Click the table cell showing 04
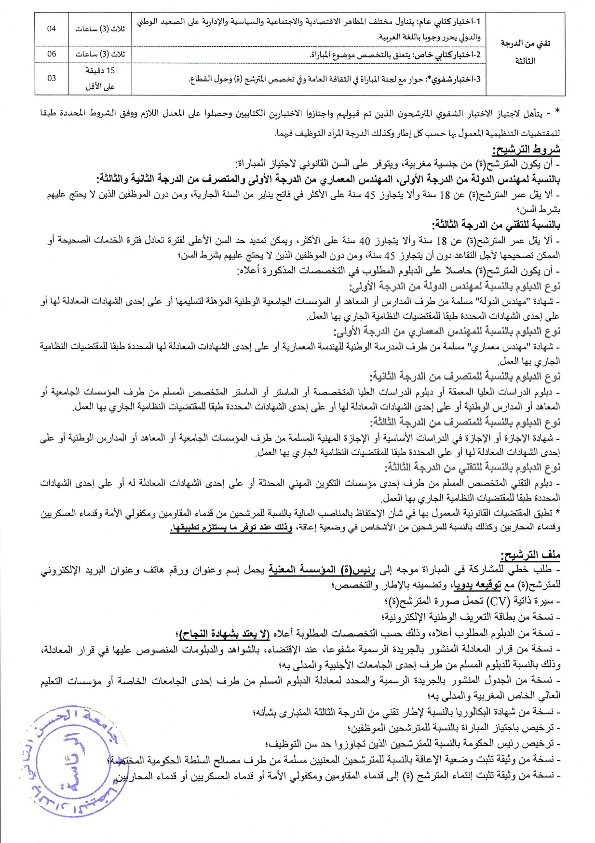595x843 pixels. tap(52, 29)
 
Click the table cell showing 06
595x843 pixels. tap(52, 54)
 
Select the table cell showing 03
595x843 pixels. tap(52, 78)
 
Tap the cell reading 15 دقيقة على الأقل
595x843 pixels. tap(100, 78)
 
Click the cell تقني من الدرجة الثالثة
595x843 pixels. tap(525, 52)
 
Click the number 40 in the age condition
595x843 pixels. tap(365, 240)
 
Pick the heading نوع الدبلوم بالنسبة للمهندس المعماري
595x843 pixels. tap(447, 331)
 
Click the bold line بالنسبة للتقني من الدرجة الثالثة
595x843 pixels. tap(496, 225)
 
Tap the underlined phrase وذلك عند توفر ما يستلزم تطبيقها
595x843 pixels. tap(231, 528)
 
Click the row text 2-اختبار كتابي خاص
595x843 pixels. tap(395, 54)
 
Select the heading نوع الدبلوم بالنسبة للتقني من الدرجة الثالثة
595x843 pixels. tap(472, 467)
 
